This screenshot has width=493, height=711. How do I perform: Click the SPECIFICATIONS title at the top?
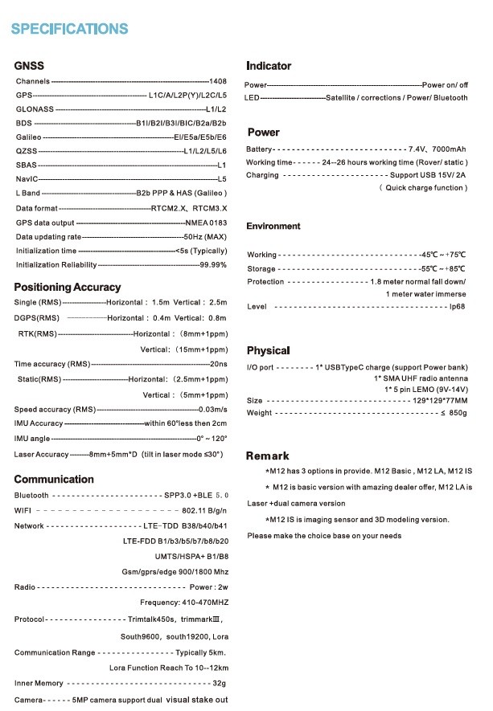pyautogui.click(x=69, y=29)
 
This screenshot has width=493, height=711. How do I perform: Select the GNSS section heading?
pyautogui.click(x=29, y=66)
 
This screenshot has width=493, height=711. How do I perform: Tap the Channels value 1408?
pyautogui.click(x=218, y=82)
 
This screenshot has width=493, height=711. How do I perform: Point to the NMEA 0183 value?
pyautogui.click(x=207, y=223)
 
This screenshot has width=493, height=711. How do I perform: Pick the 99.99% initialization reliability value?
pyautogui.click(x=213, y=264)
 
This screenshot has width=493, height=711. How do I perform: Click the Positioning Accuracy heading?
pyautogui.click(x=68, y=287)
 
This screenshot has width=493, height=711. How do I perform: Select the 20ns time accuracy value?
pyautogui.click(x=219, y=364)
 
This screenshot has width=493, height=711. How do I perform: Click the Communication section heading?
pyautogui.click(x=54, y=479)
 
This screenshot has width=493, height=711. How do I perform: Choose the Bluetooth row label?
pyautogui.click(x=31, y=496)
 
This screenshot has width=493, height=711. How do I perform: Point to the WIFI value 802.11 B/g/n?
pyautogui.click(x=205, y=510)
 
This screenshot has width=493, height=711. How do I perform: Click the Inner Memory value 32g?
pyautogui.click(x=219, y=683)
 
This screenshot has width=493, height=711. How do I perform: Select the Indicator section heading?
pyautogui.click(x=269, y=66)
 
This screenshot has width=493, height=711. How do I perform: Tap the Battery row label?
pyautogui.click(x=259, y=149)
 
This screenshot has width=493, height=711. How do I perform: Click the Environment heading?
pyautogui.click(x=273, y=227)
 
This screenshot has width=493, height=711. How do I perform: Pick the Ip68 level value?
pyautogui.click(x=458, y=307)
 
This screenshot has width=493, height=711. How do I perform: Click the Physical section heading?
pyautogui.click(x=268, y=351)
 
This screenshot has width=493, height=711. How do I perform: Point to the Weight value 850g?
pyautogui.click(x=456, y=413)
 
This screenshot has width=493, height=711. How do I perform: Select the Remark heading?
pyautogui.click(x=267, y=456)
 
